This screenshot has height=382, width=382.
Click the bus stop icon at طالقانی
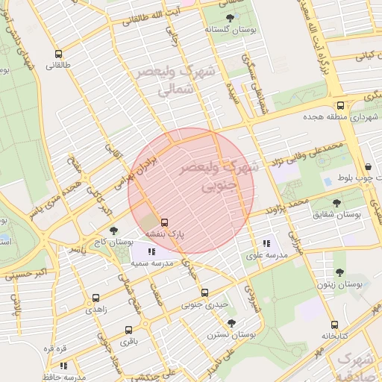click(58, 54)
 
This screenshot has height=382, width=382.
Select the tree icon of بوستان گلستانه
click(227, 17)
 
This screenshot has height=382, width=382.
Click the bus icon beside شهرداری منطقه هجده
click(340, 105)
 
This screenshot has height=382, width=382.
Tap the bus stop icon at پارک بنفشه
click(164, 222)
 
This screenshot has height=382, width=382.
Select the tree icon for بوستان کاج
click(113, 231)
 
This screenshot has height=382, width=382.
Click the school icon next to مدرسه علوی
click(266, 243)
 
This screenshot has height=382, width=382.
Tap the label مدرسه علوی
click(266, 255)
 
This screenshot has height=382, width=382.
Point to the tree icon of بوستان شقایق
click(337, 201)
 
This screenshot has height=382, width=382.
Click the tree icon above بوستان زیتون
click(340, 273)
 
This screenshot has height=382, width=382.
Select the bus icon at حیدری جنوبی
click(205, 293)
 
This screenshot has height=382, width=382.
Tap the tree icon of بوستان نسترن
click(231, 323)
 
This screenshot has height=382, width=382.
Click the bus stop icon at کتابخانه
click(334, 325)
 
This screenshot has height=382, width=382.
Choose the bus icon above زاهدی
click(95, 296)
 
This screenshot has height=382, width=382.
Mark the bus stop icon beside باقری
click(128, 329)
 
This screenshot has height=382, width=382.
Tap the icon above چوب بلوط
click(369, 167)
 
